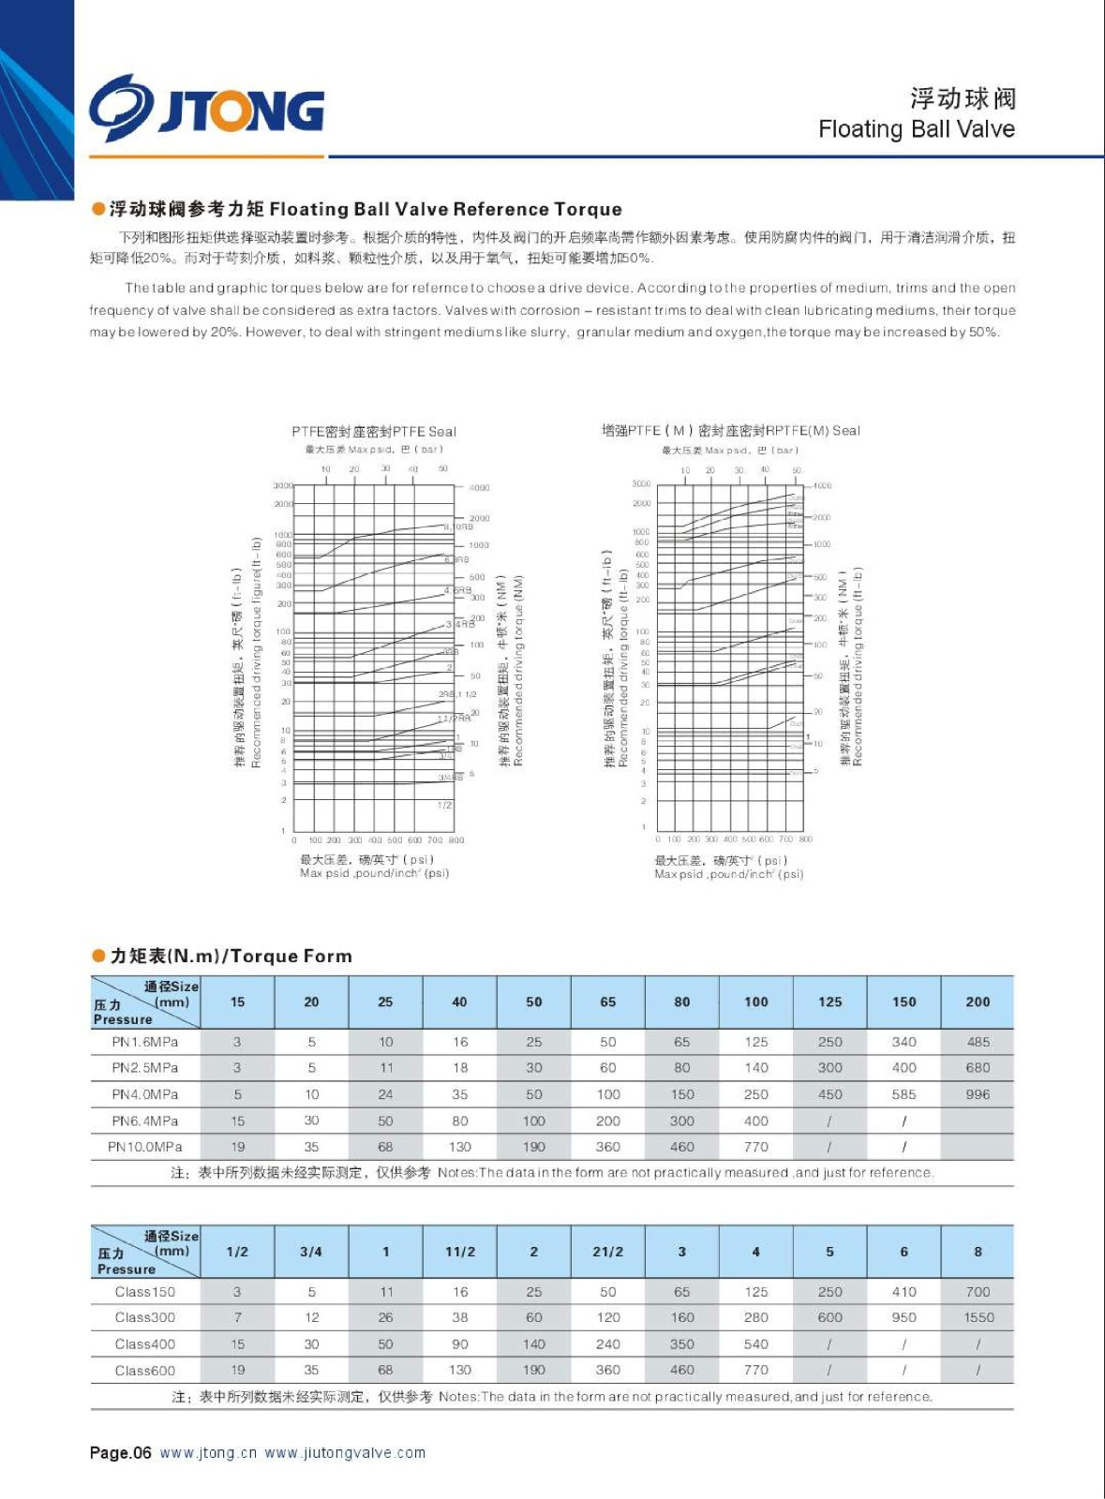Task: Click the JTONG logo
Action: [207, 109]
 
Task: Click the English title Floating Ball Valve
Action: [916, 129]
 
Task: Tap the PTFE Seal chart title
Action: [373, 432]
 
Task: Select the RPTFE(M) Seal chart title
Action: [730, 431]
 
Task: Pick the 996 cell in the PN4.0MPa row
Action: [978, 1094]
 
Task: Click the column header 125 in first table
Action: [829, 1002]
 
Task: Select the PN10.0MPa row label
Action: [145, 1147]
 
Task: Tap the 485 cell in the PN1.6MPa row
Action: [978, 1042]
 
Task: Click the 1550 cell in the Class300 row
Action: [978, 1317]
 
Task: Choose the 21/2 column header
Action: [608, 1252]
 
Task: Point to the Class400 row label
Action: [145, 1344]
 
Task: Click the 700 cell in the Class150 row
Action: [978, 1292]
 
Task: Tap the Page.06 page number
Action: [120, 1453]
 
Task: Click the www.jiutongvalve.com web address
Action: [345, 1453]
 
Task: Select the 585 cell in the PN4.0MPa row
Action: [903, 1094]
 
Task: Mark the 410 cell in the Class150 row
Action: [903, 1292]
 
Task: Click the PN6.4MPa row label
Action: [145, 1121]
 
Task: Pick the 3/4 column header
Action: [311, 1252]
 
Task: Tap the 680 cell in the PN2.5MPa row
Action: [978, 1068]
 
